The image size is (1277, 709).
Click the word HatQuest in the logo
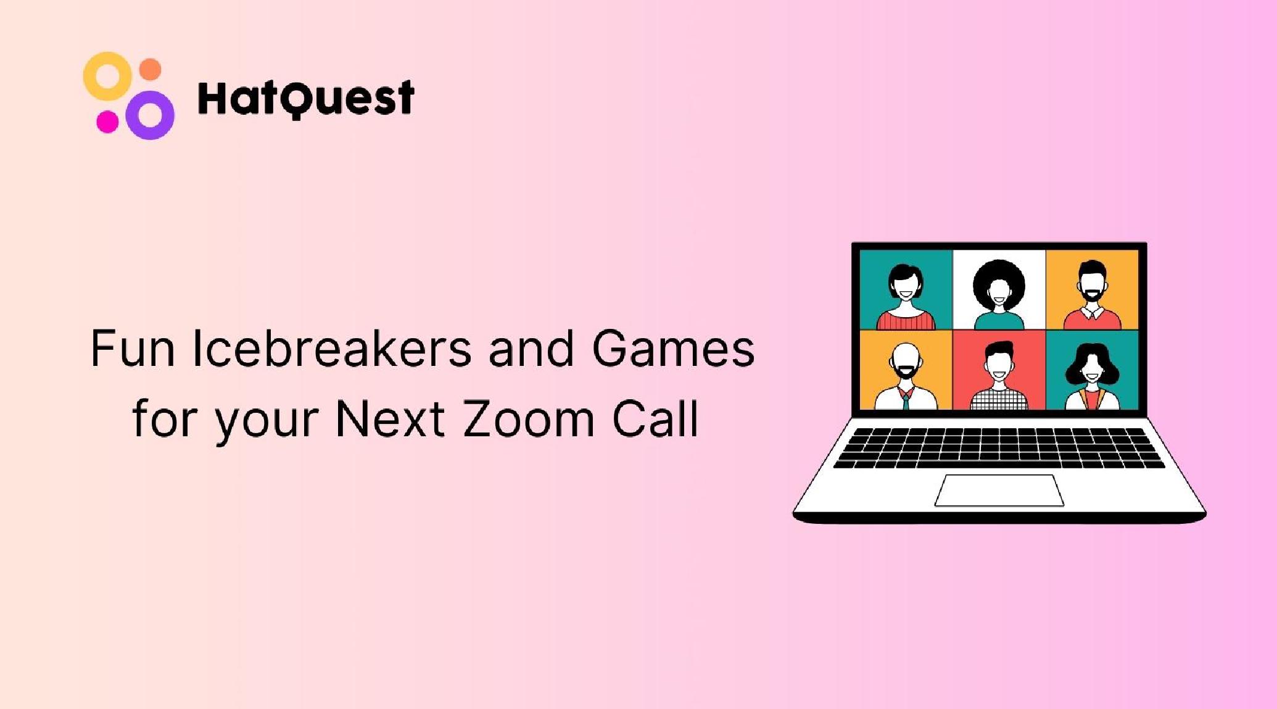[306, 98]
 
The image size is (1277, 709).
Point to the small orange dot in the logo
[150, 70]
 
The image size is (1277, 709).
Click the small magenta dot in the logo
[107, 121]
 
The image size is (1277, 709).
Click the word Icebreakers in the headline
[332, 349]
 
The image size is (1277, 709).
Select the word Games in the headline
[673, 349]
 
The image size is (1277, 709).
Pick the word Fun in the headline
[133, 349]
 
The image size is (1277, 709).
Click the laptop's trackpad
[999, 490]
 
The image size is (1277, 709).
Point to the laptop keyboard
[999, 447]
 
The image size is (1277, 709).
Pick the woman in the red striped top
[906, 297]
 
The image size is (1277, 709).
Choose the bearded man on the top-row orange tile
[1093, 295]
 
